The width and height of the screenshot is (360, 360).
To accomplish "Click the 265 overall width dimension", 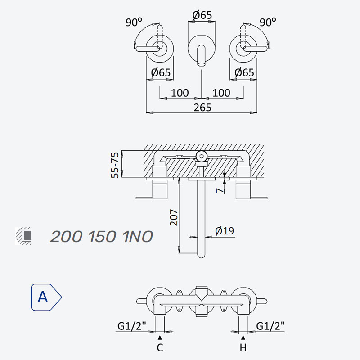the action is pos(202,108).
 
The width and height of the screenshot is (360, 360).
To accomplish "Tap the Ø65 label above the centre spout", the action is pos(202,15).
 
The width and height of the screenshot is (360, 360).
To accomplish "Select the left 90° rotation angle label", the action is pos(134,22).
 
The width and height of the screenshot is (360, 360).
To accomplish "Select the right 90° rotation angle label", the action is pos(268,22).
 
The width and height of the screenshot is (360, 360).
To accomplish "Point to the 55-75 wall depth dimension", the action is pos(115,165).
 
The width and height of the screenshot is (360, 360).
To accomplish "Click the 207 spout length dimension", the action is pos(174,217).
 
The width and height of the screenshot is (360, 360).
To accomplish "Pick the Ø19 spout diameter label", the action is pos(225,231).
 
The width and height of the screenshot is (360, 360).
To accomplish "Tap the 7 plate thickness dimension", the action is pos(220,190).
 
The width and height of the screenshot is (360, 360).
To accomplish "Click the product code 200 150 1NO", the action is pos(102,236).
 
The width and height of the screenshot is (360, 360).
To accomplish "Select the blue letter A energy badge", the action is pos(46,297).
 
